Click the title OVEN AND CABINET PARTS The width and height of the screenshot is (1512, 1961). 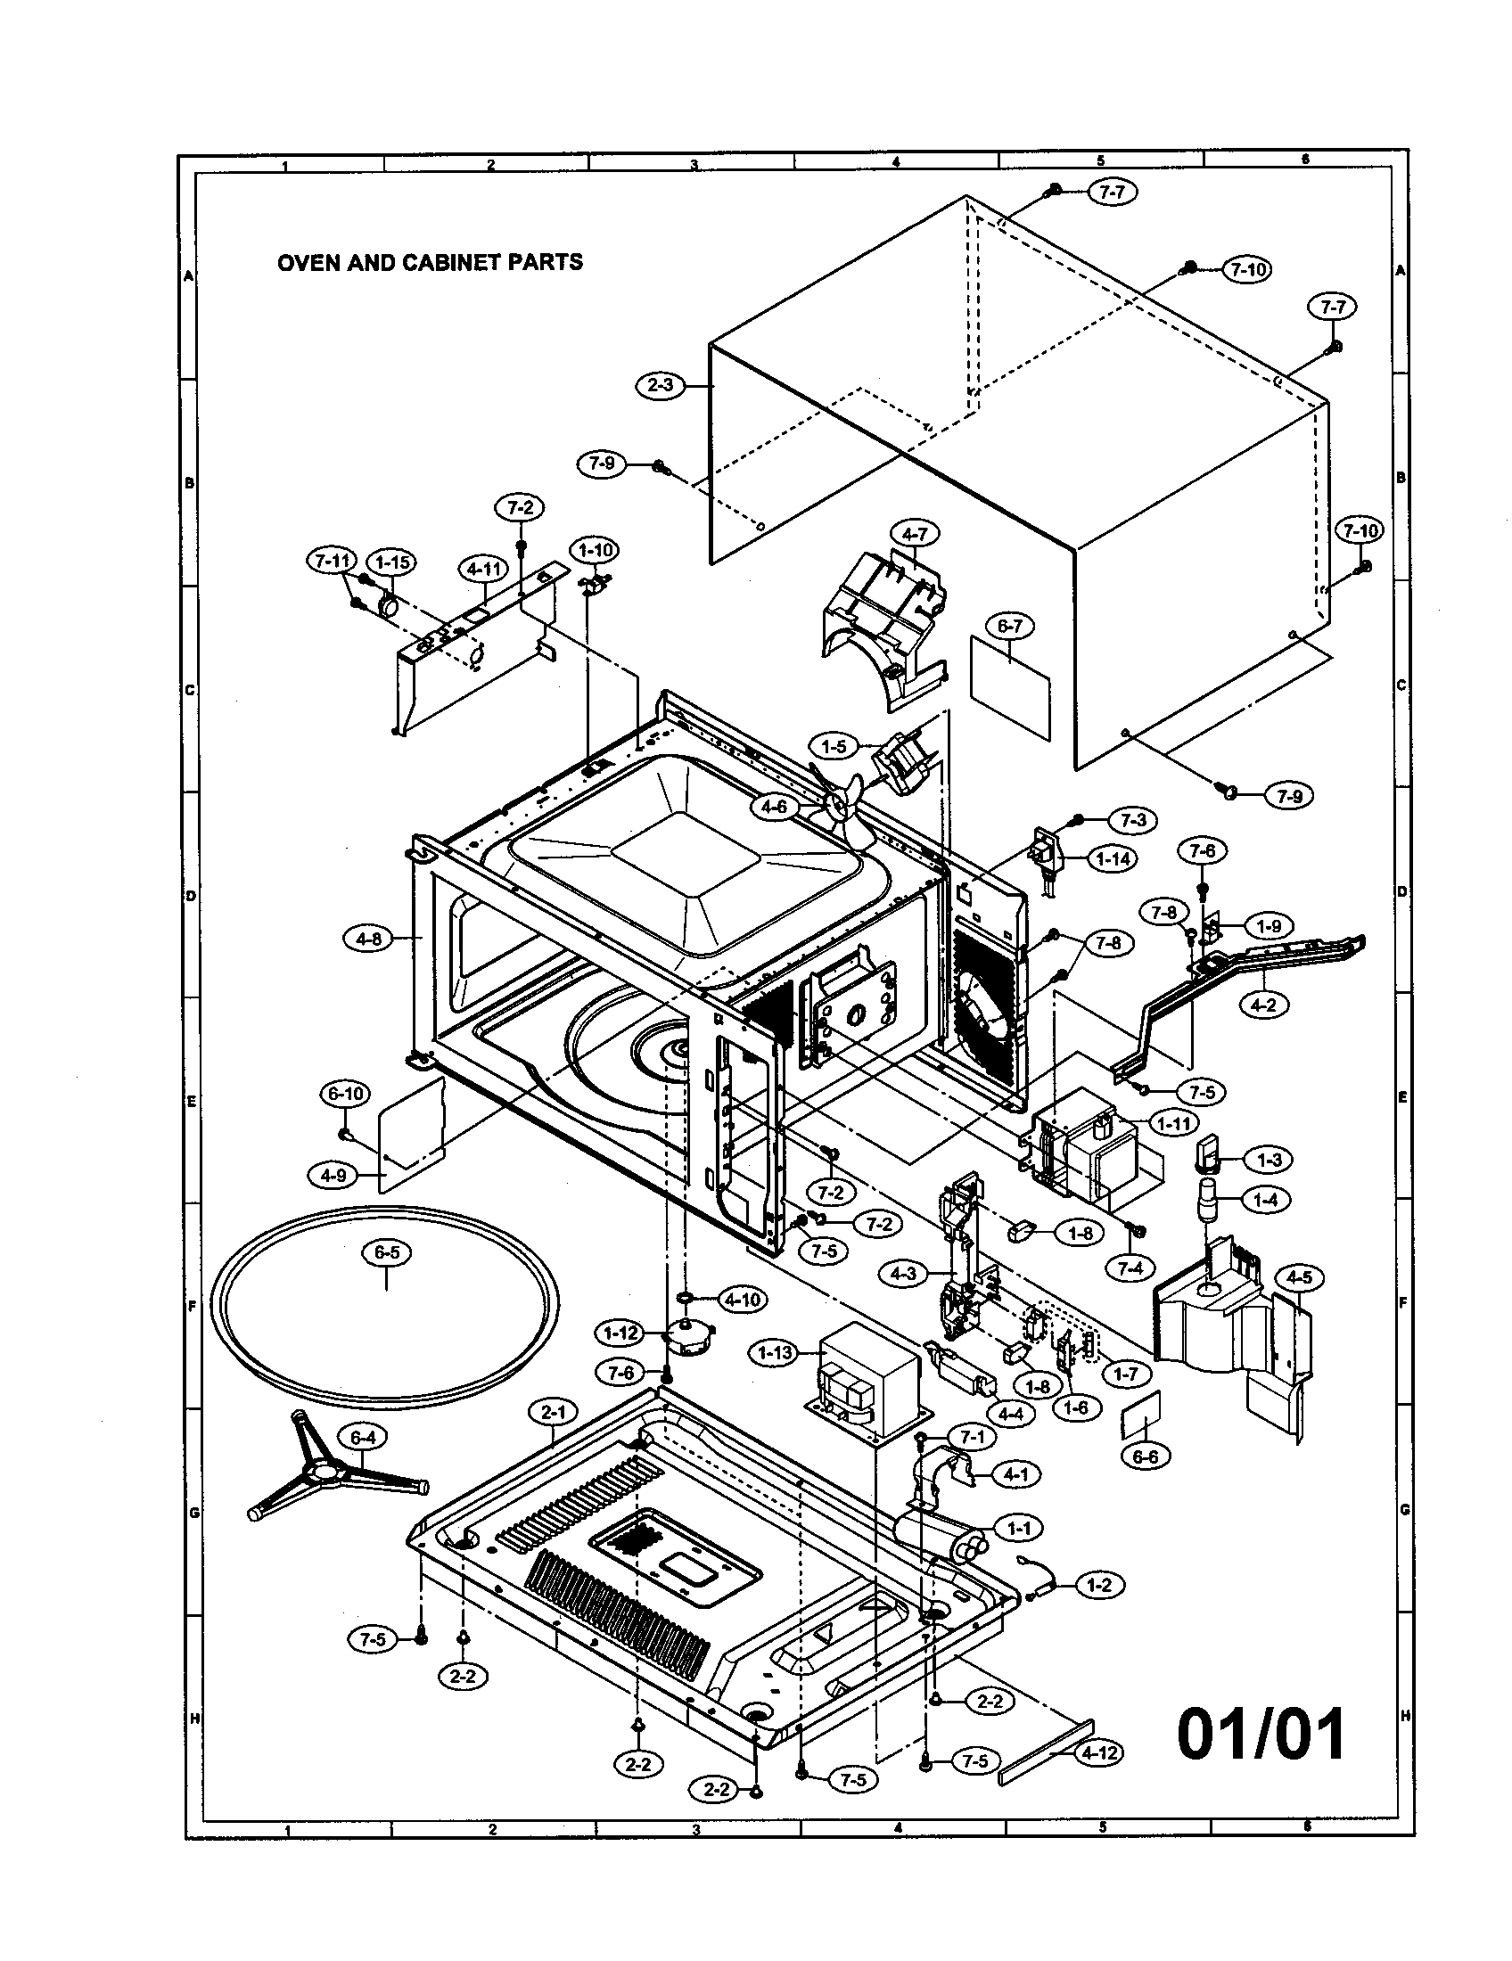click(x=430, y=262)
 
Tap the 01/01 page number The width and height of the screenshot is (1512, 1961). click(x=1261, y=1734)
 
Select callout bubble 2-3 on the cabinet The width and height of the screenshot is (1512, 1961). click(x=660, y=385)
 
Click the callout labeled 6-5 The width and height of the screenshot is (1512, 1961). click(x=386, y=1252)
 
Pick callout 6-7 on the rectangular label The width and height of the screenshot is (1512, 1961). click(x=1009, y=626)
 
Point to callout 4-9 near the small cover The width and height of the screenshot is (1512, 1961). click(x=333, y=1175)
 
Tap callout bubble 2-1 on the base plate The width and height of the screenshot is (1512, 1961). click(x=553, y=1413)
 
